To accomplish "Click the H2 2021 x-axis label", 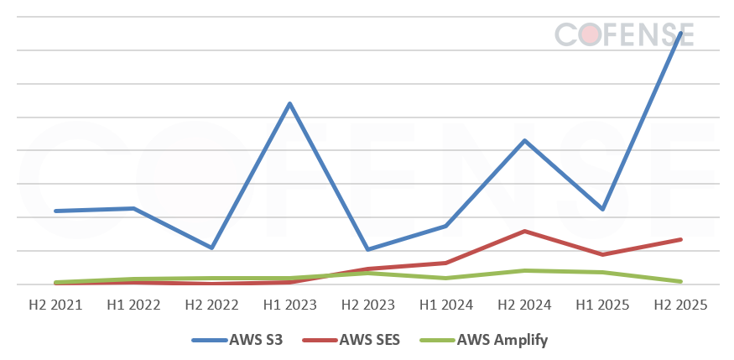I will coord(55,305).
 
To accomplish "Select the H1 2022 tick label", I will coord(133,305).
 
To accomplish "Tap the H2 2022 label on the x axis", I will coord(211,305).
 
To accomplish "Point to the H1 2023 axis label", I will coord(289,305).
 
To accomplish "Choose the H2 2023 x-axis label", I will coord(367,305).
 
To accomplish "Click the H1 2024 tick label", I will coord(445,305).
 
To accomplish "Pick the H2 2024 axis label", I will coord(524,305).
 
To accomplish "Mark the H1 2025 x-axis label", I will coord(602,305).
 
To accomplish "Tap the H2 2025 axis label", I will coord(680,305).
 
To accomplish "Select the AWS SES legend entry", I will coord(358,340).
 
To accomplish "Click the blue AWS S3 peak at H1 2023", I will coord(289,103).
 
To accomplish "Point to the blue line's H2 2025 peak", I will coord(680,33).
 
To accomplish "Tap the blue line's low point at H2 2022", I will coord(211,248).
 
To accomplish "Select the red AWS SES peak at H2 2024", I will coord(524,231).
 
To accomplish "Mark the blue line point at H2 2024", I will coord(524,140).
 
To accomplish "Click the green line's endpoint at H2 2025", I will coord(680,281).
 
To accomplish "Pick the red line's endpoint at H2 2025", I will coord(680,239).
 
